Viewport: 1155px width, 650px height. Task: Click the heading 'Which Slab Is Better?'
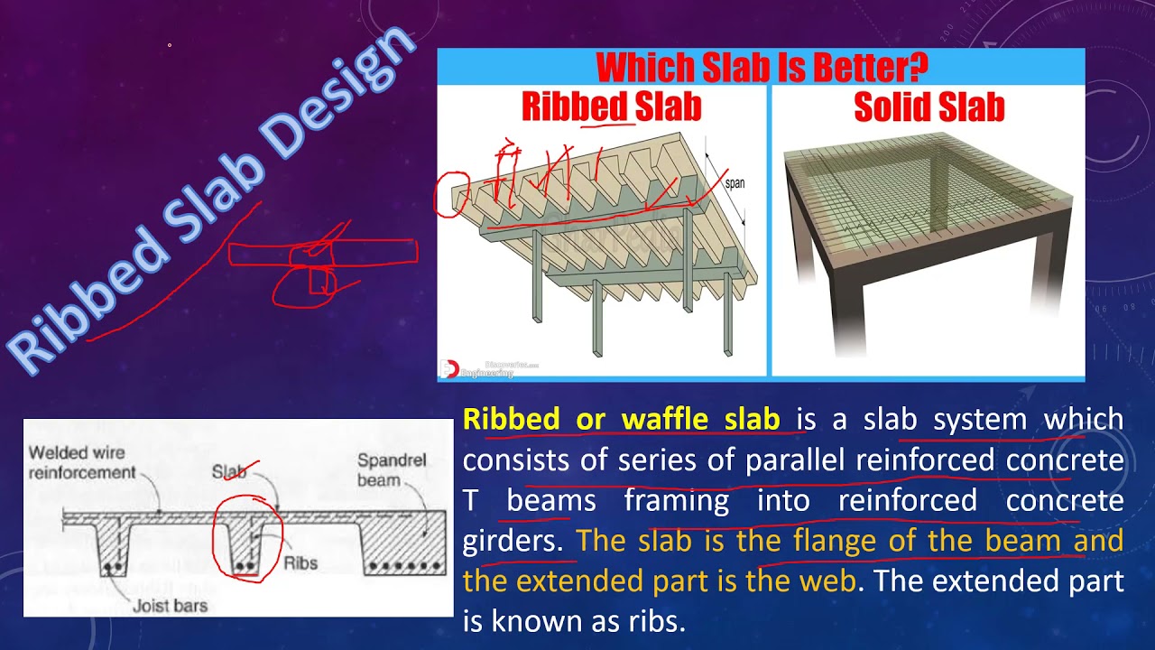tap(762, 68)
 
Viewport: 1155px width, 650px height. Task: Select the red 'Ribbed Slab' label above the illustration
tap(611, 107)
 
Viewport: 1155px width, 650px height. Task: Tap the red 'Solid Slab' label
tap(929, 107)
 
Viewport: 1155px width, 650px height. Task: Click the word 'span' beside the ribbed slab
tap(735, 183)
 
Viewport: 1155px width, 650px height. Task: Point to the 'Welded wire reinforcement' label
tap(81, 462)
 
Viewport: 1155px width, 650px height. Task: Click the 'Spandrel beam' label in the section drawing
tap(392, 469)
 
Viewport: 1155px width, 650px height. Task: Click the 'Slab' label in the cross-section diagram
tap(229, 472)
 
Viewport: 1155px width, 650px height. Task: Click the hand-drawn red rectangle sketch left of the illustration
tap(322, 253)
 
